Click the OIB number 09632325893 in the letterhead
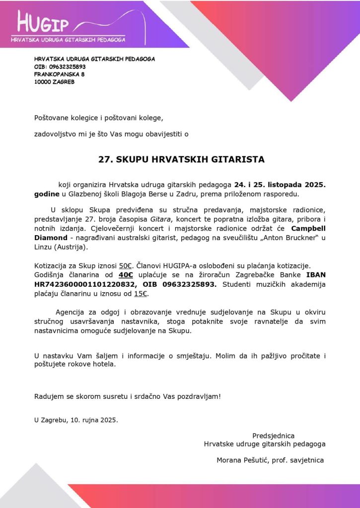[67, 66]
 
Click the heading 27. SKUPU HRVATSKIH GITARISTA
[181, 160]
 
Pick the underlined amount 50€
[125, 266]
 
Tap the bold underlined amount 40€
[126, 275]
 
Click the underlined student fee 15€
[141, 294]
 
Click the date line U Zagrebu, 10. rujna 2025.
[76, 420]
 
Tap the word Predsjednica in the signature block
[273, 436]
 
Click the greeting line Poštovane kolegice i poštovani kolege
[98, 118]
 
